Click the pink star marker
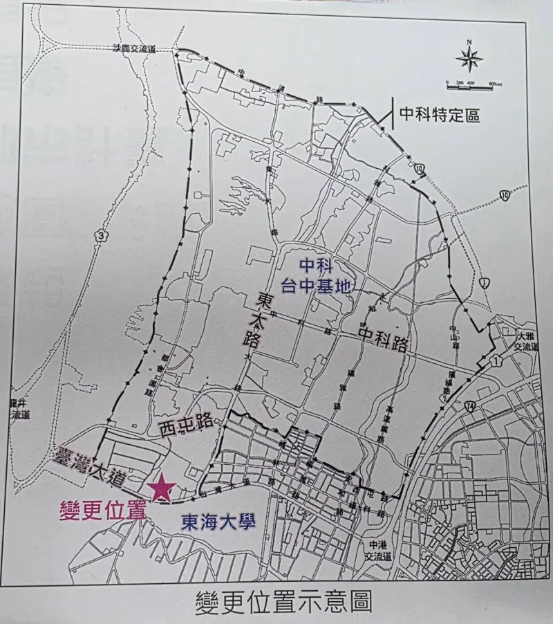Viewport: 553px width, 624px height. (162, 488)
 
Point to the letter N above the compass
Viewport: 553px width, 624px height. (469, 42)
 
